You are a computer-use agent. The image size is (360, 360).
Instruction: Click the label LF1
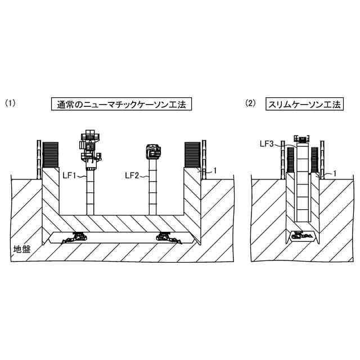(69, 175)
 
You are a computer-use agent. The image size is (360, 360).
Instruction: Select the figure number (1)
(10, 103)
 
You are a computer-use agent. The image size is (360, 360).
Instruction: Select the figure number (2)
(251, 103)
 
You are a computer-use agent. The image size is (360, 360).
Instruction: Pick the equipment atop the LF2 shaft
(153, 151)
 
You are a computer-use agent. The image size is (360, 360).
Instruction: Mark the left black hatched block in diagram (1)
(51, 155)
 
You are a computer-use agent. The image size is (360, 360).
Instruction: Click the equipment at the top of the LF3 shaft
(303, 139)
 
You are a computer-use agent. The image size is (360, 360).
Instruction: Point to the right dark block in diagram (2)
(314, 159)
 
